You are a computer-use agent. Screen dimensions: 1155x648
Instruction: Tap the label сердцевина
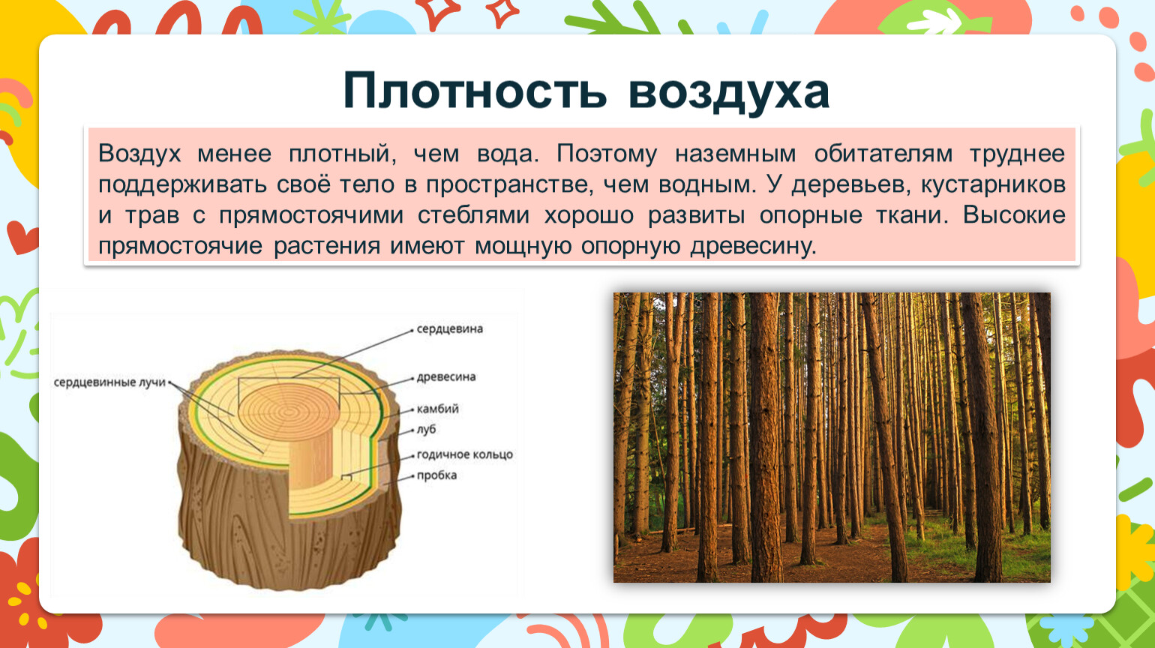(450, 329)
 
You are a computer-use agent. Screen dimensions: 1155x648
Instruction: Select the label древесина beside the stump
(446, 376)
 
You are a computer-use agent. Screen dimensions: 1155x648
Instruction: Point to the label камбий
(438, 409)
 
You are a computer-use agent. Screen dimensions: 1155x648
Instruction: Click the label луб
(427, 430)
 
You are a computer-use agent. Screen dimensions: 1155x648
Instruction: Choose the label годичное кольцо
(464, 454)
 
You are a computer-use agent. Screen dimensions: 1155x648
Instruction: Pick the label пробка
(436, 475)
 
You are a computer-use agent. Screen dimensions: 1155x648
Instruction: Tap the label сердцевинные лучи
(109, 382)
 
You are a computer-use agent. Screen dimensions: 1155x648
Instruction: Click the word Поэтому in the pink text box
(607, 154)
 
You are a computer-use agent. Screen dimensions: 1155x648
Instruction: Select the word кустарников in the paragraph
(993, 185)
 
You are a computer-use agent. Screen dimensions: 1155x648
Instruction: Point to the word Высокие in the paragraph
(1014, 215)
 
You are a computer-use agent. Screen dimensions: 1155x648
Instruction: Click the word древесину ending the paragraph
(754, 247)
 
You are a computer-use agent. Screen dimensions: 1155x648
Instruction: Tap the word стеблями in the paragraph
(473, 215)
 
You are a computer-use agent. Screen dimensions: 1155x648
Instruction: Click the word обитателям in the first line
(883, 154)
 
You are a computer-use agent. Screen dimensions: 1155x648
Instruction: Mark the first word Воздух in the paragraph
(139, 154)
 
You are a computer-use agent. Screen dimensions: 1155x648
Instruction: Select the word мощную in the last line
(523, 247)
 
